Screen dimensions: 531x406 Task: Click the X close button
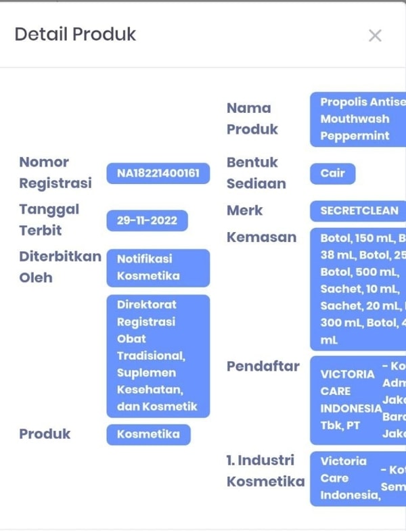coord(375,36)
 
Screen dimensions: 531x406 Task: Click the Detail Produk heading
coord(75,34)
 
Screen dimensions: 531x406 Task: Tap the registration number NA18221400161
coord(158,174)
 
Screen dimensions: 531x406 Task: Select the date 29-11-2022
coord(147,221)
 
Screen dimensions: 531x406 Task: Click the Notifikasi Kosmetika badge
coord(158,267)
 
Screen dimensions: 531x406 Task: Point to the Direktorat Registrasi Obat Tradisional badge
coord(158,355)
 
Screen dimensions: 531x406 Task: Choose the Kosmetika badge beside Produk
coord(148,434)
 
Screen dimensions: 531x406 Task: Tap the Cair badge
coord(332,173)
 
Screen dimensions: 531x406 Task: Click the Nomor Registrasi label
coord(55,172)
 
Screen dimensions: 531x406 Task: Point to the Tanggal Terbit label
coord(49,220)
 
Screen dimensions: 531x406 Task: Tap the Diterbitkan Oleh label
coord(60,267)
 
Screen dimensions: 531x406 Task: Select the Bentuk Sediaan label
coord(256,172)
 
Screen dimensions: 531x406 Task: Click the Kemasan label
coord(261,237)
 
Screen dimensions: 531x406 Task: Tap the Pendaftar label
coord(263,367)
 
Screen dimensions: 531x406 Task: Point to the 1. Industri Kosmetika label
coord(265,471)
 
